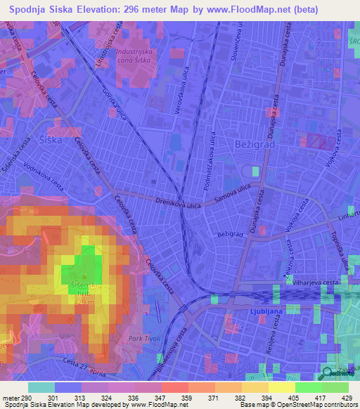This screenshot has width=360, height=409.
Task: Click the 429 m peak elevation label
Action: tap(84, 301)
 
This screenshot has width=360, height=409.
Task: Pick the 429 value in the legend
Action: tap(347, 397)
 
